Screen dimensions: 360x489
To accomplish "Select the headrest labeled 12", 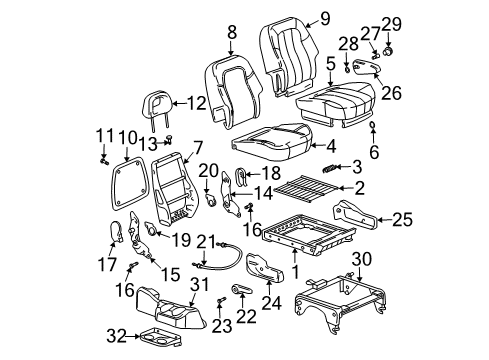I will coord(160,102).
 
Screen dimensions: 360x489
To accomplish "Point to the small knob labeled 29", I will coord(387,48).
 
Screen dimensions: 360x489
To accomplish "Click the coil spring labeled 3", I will coord(328,167).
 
